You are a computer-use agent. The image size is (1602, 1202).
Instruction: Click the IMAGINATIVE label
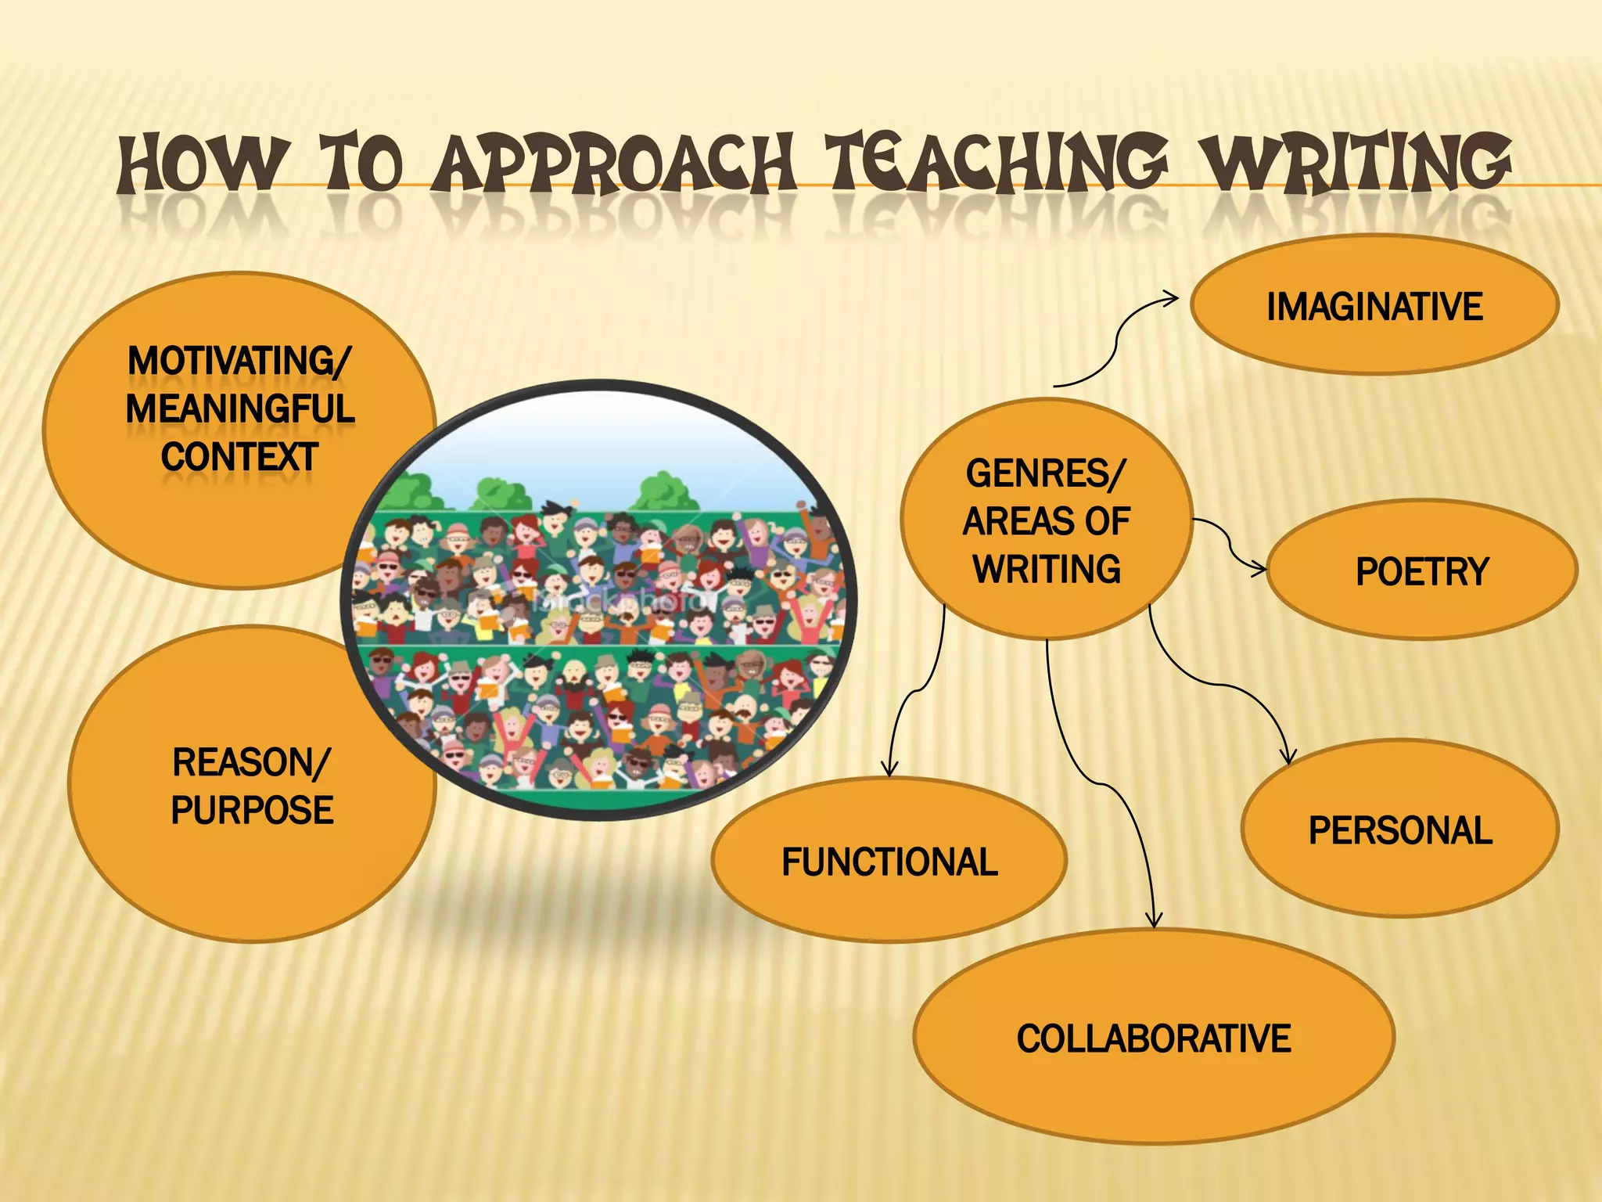coord(1374,306)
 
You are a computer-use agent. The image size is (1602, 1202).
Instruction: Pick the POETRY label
coord(1421,571)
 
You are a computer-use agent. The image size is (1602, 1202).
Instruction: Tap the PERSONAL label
coord(1400,830)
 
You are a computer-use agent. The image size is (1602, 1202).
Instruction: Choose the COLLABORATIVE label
coord(1154,1038)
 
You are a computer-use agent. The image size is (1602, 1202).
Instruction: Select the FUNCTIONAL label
coord(889,862)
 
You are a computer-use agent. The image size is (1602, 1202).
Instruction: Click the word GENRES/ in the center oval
coord(1046,473)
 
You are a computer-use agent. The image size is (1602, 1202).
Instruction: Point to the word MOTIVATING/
coord(239,362)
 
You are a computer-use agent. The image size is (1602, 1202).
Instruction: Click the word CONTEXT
coord(239,457)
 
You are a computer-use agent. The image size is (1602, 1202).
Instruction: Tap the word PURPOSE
coord(252,810)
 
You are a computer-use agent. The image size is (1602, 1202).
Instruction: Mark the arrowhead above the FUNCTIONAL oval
coord(889,770)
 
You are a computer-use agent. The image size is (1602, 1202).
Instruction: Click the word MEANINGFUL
coord(239,409)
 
